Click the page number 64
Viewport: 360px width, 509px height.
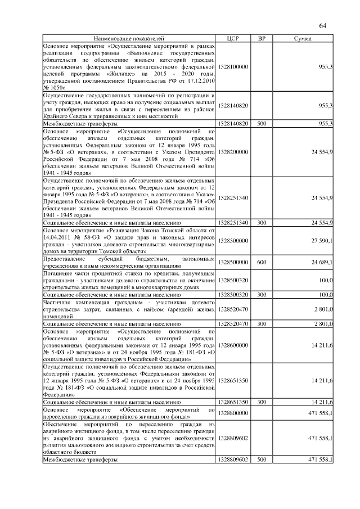point(323,25)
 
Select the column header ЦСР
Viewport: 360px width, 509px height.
point(233,38)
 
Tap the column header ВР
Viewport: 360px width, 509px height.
point(262,38)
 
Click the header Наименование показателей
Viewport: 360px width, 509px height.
point(130,38)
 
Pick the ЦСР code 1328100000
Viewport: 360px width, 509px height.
point(233,66)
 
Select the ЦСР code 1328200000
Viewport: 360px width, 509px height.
point(233,152)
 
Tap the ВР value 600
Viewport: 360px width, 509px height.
point(262,262)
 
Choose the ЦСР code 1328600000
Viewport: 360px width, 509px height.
point(233,345)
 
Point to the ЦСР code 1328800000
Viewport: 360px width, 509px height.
point(233,413)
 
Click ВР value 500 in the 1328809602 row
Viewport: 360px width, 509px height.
point(262,460)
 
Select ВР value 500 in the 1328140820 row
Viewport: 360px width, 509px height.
point(262,123)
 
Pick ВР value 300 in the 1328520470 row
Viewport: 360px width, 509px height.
point(262,324)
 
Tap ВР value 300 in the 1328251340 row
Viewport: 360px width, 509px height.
point(262,223)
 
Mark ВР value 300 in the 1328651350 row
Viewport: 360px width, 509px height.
point(262,402)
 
